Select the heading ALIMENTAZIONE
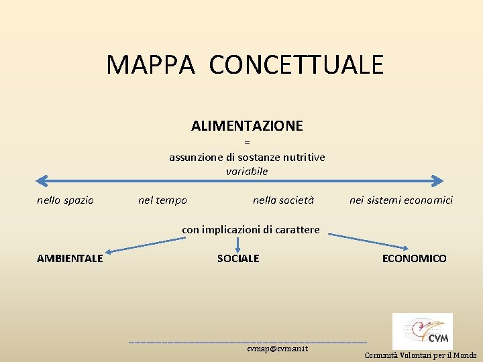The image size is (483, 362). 247,126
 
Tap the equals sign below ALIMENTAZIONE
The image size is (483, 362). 247,142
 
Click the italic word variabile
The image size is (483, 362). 247,172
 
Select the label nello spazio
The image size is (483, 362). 65,200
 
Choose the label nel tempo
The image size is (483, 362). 162,200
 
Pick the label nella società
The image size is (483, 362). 283,200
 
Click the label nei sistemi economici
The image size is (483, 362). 401,200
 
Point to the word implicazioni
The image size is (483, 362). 239,229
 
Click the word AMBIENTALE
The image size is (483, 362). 70,259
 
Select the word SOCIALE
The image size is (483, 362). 238,259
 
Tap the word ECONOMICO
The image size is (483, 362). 414,259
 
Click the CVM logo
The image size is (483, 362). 422,331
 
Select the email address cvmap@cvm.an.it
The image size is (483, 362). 277,349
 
